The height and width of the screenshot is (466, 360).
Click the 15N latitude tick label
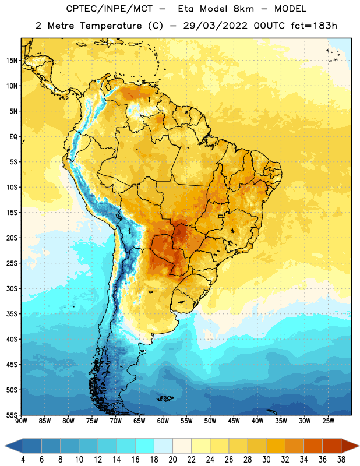click(12, 61)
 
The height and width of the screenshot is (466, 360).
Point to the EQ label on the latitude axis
click(13, 137)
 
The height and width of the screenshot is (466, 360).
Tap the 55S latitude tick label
click(12, 415)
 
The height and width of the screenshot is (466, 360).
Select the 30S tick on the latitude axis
click(12, 288)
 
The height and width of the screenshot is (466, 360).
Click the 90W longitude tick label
click(21, 421)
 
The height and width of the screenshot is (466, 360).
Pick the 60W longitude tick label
click(163, 421)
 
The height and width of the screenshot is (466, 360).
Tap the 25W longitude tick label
click(328, 421)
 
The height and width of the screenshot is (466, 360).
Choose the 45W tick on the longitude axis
click(234, 421)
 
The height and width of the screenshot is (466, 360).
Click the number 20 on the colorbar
click(172, 460)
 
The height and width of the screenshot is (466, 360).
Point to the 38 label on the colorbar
click(341, 460)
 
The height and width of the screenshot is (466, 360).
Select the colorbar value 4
click(23, 460)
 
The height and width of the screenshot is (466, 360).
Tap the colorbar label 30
click(266, 460)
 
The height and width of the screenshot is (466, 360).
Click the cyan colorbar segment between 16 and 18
click(144, 446)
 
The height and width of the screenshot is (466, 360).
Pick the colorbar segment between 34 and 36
click(313, 446)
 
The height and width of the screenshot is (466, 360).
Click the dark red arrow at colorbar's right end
click(350, 446)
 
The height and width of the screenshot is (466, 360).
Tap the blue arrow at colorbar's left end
click(13, 446)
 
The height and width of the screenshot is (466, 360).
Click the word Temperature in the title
click(111, 26)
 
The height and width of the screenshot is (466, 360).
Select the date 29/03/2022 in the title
click(215, 26)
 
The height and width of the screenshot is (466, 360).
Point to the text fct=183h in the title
click(314, 26)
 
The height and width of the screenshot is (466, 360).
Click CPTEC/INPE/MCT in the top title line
click(110, 9)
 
